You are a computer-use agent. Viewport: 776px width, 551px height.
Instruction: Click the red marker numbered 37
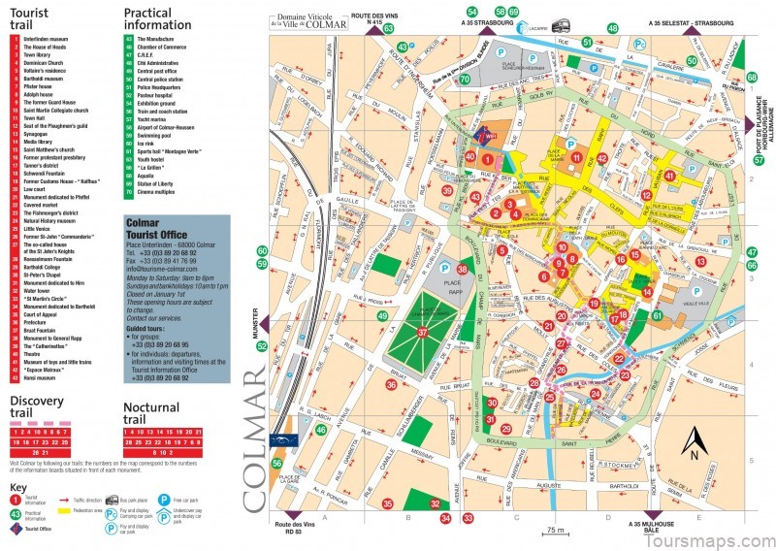(422, 332)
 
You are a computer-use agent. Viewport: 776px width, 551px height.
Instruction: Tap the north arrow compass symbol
(695, 442)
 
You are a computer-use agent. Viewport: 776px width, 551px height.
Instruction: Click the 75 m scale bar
(554, 533)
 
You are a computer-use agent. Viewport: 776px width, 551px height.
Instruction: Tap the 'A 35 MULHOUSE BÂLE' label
(651, 528)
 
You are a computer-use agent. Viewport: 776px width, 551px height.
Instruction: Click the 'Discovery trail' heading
(37, 405)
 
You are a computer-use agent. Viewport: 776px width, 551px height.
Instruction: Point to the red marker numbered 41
(670, 176)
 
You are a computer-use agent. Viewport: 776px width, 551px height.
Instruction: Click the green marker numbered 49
(383, 316)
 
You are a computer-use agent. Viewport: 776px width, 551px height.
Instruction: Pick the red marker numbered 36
(391, 384)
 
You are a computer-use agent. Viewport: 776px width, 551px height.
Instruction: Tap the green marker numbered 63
(388, 30)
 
